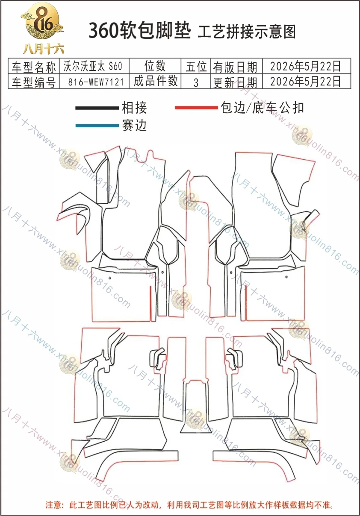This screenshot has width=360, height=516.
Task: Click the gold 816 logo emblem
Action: coord(42,21)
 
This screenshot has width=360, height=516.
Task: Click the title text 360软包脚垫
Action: coord(140,31)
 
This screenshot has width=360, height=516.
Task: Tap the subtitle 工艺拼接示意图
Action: coord(247,32)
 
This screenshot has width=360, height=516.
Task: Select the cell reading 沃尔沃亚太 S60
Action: coord(93,66)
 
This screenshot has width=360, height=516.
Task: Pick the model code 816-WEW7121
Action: coord(96,82)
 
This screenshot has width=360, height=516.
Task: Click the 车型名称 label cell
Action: coord(34,67)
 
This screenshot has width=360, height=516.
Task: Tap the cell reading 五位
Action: coord(196,67)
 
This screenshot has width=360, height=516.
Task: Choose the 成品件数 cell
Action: coord(156,81)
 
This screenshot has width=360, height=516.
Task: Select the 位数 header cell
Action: coord(155,66)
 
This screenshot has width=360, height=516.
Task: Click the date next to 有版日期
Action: coord(305,66)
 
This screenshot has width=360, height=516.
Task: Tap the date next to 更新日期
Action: coord(305,81)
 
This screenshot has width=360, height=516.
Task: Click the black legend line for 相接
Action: coord(97,108)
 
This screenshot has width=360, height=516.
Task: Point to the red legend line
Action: coord(196,108)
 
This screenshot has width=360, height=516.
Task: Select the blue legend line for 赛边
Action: coord(97,126)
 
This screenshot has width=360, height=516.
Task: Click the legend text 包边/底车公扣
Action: coord(262,108)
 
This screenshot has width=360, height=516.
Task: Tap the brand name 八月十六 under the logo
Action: coord(43,49)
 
